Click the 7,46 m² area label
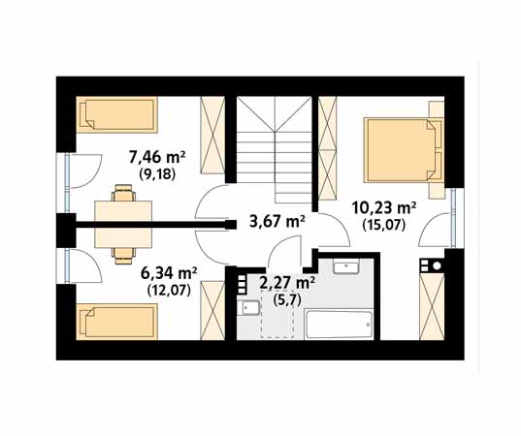pyautogui.click(x=157, y=158)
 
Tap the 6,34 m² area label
pyautogui.click(x=169, y=274)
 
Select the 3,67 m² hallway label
pyautogui.click(x=277, y=221)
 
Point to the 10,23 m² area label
pyautogui.click(x=384, y=208)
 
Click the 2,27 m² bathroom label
pyautogui.click(x=287, y=283)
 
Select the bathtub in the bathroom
pyautogui.click(x=339, y=325)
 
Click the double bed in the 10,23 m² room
pyautogui.click(x=404, y=150)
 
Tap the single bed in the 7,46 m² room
pyautogui.click(x=116, y=114)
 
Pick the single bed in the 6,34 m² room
pyautogui.click(x=116, y=322)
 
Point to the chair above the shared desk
pyautogui.click(x=123, y=193)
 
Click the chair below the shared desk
pyautogui.click(x=123, y=256)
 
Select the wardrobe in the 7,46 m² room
pyautogui.click(x=212, y=135)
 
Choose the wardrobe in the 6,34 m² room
pyautogui.click(x=212, y=310)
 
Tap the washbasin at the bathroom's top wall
pyautogui.click(x=346, y=266)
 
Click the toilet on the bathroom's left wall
pyautogui.click(x=248, y=307)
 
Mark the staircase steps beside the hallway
pyautogui.click(x=275, y=149)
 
